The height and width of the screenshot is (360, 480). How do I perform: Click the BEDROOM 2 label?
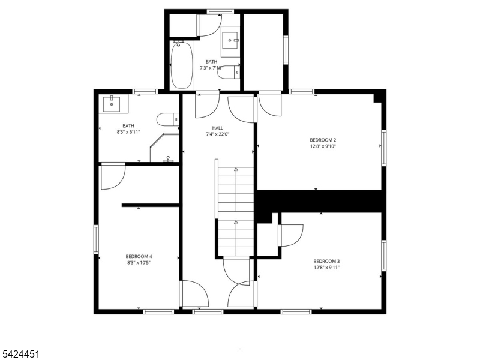coord(323,140)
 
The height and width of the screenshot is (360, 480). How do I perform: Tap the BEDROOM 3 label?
coord(326,261)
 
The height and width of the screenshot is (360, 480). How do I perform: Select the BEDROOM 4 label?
coord(139,256)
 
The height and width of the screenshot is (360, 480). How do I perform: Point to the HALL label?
coord(217,128)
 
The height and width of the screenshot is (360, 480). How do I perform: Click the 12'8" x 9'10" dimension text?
coord(323,146)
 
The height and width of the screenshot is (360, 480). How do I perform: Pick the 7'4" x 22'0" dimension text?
coord(217,134)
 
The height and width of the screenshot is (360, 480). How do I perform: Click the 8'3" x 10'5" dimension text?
coord(139,262)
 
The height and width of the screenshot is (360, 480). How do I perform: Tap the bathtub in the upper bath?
coord(182,65)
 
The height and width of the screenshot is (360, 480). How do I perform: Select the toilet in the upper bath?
coord(229,72)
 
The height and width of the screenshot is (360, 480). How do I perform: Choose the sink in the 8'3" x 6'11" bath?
coord(112,104)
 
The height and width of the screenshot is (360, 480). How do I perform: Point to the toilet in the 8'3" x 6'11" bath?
coord(168,119)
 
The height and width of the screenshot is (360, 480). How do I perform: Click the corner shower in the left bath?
coord(164,148)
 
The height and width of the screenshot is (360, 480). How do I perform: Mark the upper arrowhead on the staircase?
coord(236,169)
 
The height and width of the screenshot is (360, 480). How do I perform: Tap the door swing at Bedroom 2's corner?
coord(270,106)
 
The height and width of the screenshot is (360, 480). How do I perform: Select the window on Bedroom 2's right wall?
coord(383,148)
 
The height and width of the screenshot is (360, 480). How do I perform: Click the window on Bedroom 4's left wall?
coord(96,239)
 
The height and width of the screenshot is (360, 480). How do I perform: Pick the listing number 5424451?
coord(20,354)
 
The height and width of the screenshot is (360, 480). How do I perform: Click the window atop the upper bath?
coord(220,11)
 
